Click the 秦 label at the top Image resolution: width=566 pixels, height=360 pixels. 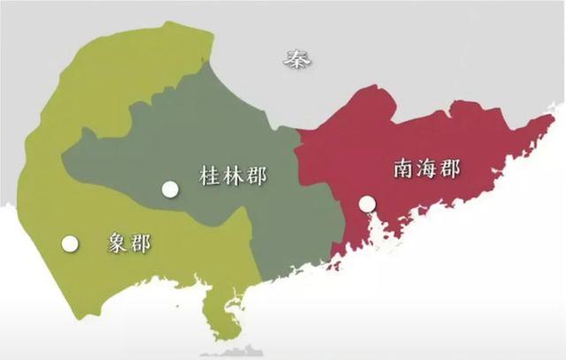[x=295, y=59]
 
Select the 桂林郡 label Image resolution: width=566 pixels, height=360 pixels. [x=233, y=175]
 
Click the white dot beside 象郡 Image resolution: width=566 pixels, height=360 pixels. [x=68, y=243]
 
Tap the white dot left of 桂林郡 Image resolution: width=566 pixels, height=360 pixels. [x=171, y=188]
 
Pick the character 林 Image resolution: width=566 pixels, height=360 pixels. [x=233, y=175]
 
